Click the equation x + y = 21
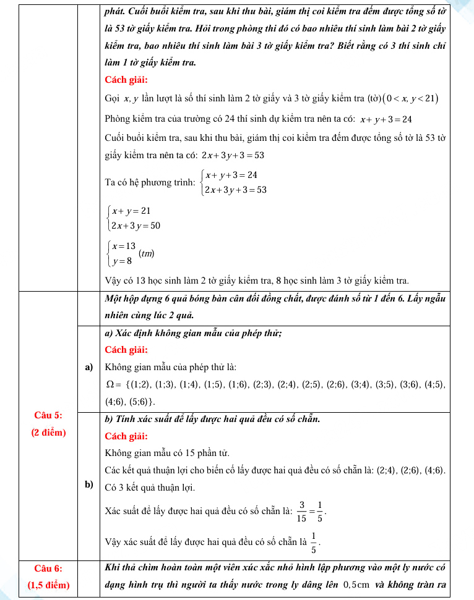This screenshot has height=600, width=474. tap(132, 211)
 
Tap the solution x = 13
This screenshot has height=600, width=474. tap(124, 246)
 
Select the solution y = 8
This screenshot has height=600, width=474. tap(122, 260)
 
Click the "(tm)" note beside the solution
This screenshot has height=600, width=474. tap(147, 253)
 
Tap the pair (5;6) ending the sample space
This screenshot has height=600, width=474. tap(139, 402)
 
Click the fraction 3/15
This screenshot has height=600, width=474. tap(302, 511)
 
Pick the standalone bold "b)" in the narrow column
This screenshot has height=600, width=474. tap(88, 485)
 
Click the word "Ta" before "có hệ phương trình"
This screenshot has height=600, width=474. tap(111, 183)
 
